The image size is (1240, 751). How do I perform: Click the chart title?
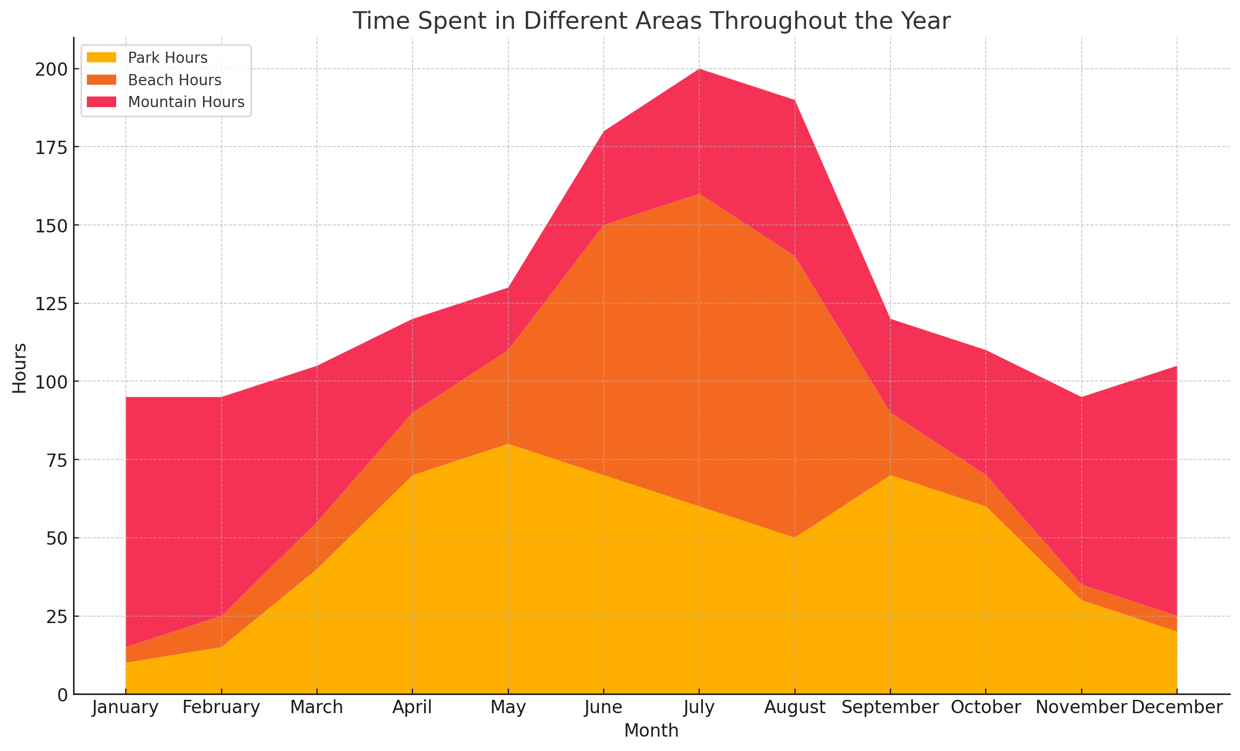[x=651, y=21]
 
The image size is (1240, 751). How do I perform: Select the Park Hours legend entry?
[x=167, y=58]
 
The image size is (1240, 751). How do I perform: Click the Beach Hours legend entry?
[x=174, y=80]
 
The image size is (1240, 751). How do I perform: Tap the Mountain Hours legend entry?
[x=186, y=102]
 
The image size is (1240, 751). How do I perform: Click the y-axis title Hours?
[x=20, y=368]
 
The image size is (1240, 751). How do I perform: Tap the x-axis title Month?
[x=651, y=731]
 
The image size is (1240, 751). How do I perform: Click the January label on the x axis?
[x=126, y=708]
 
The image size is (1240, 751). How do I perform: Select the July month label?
[x=699, y=708]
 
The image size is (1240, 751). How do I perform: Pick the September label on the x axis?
[x=890, y=708]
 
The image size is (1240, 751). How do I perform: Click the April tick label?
[x=412, y=708]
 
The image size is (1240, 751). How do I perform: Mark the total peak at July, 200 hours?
[x=699, y=69]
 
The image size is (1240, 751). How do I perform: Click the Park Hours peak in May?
[x=508, y=444]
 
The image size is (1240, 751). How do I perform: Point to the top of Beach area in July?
[x=699, y=194]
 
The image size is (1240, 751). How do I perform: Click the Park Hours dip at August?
[x=795, y=538]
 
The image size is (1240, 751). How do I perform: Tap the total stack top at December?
[x=1177, y=366]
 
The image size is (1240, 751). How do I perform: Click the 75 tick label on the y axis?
[x=58, y=460]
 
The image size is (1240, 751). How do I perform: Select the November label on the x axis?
[x=1081, y=708]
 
